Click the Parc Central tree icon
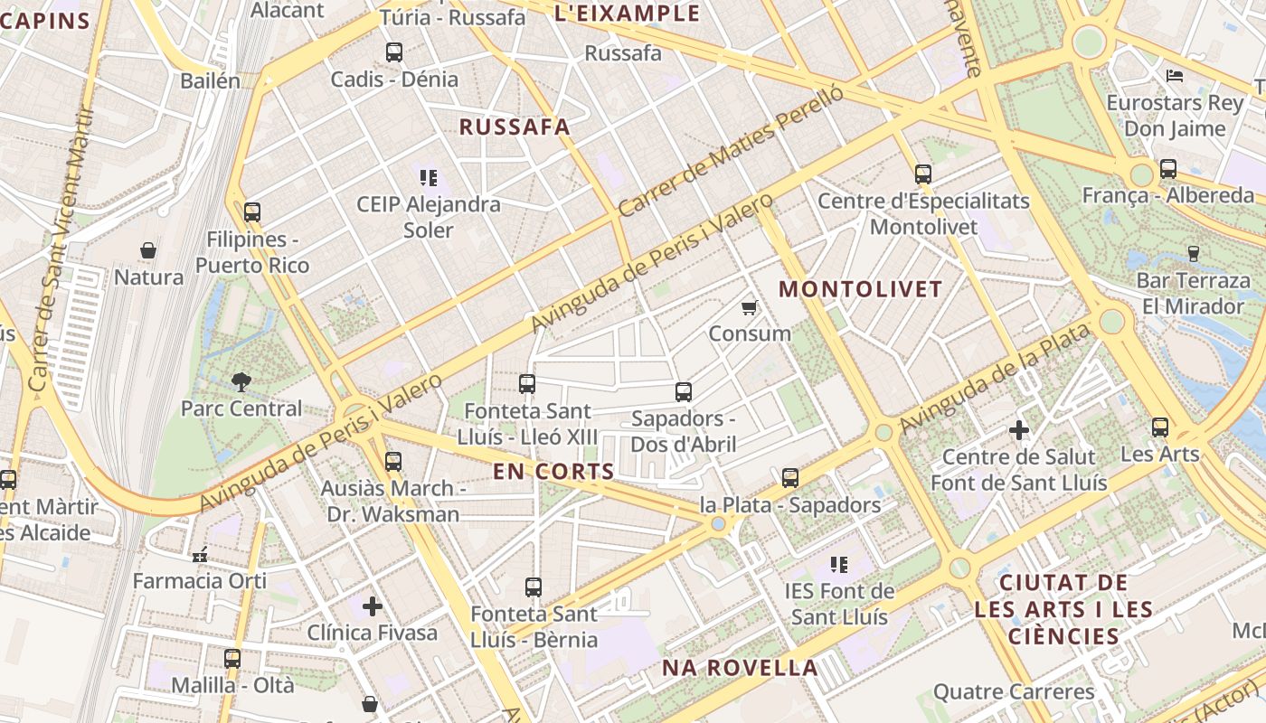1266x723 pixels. pyautogui.click(x=241, y=381)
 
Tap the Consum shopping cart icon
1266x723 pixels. pyautogui.click(x=749, y=308)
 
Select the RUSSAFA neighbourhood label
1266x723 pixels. pyautogui.click(x=515, y=127)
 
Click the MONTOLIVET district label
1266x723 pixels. pyautogui.click(x=860, y=290)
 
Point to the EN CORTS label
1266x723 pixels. pyautogui.click(x=553, y=472)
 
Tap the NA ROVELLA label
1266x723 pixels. pyautogui.click(x=740, y=669)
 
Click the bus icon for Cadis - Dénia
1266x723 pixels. pyautogui.click(x=393, y=52)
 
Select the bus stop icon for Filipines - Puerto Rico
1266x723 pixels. pyautogui.click(x=252, y=212)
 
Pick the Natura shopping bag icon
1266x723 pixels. pyautogui.click(x=148, y=250)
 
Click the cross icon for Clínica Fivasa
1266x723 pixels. pyautogui.click(x=372, y=606)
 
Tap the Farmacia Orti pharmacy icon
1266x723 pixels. pyautogui.click(x=200, y=554)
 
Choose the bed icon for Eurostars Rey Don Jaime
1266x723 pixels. pyautogui.click(x=1175, y=76)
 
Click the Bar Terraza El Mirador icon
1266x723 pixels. pyautogui.click(x=1193, y=253)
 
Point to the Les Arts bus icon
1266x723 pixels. pyautogui.click(x=1160, y=427)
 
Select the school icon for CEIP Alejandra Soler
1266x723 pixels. pyautogui.click(x=428, y=177)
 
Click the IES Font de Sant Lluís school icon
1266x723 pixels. pyautogui.click(x=839, y=565)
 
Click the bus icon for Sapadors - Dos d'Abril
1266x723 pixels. pyautogui.click(x=684, y=392)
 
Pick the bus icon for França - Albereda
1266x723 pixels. pyautogui.click(x=1168, y=169)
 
